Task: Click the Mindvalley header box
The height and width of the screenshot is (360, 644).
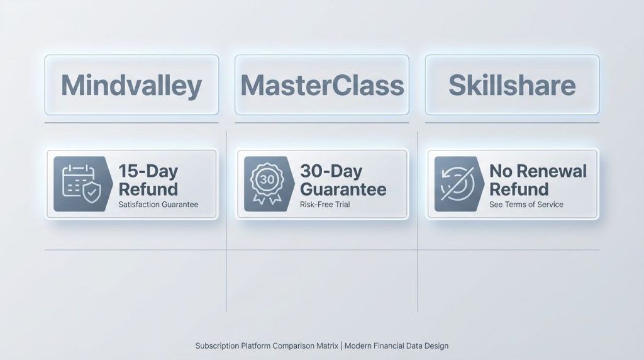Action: (131, 85)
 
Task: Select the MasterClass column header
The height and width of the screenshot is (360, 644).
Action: (322, 85)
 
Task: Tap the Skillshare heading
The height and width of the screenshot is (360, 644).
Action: (512, 85)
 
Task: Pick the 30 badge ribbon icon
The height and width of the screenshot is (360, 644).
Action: (267, 184)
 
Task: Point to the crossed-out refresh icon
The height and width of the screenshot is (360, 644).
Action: (457, 184)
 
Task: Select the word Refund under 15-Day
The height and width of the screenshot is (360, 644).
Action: (148, 189)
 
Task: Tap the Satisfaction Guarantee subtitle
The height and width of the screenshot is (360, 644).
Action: (158, 205)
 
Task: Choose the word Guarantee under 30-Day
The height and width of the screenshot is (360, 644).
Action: (343, 189)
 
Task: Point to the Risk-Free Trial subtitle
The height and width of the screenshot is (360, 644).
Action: (325, 205)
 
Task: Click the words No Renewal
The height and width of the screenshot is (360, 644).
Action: (538, 171)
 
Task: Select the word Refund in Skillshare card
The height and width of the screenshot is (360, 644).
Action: (519, 189)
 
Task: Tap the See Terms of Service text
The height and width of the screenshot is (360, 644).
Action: (526, 205)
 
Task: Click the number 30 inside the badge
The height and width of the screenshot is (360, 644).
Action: (267, 179)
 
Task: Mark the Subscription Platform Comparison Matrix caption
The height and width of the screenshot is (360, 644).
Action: (267, 346)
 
